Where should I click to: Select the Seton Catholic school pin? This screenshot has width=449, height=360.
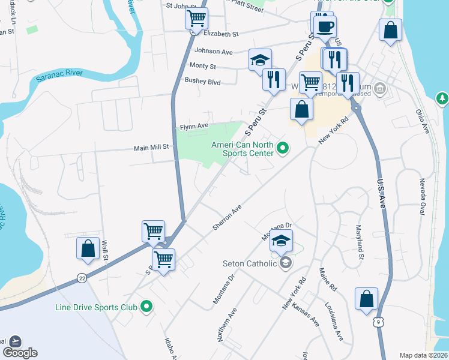286,263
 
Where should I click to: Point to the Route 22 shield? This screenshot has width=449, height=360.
82,278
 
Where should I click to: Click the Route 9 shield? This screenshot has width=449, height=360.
377,322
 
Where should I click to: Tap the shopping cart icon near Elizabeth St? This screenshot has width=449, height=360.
196,20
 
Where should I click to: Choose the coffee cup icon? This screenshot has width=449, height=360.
325,26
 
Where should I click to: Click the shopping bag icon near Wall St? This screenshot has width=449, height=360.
88,248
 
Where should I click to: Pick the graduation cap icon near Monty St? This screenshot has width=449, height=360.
260,60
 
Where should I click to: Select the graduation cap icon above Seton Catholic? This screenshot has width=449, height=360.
281,240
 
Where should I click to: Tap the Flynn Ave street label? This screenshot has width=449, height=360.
194,127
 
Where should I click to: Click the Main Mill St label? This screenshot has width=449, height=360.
152,146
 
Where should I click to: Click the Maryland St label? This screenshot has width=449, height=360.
360,243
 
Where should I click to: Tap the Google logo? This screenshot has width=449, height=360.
20,352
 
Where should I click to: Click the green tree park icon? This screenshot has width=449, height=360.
442,98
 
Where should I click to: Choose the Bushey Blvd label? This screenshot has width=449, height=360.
203,81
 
